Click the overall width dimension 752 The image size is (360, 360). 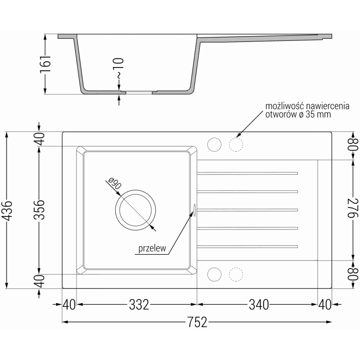tap(197, 322)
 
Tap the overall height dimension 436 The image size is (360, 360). tap(8, 211)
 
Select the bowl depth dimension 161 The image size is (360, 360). tap(45, 64)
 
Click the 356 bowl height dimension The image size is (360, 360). tap(39, 210)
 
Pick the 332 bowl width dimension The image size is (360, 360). tap(139, 305)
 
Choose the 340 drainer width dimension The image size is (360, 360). tap(259, 305)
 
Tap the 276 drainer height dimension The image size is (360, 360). tap(353, 208)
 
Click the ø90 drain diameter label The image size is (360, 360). tap(114, 183)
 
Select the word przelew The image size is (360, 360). tap(152, 248)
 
